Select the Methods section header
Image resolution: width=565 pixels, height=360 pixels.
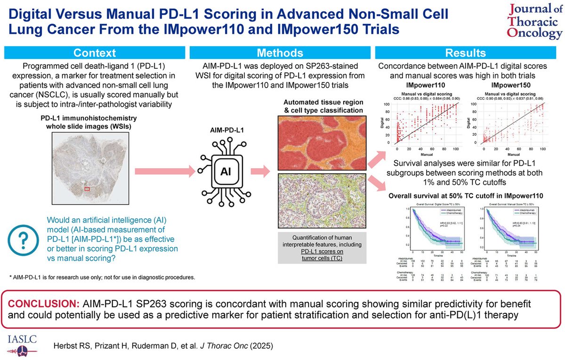point(280,53)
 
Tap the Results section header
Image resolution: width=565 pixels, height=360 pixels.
point(466,53)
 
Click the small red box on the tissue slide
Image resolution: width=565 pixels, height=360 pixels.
point(87,189)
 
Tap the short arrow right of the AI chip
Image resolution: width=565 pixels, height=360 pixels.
point(259,170)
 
